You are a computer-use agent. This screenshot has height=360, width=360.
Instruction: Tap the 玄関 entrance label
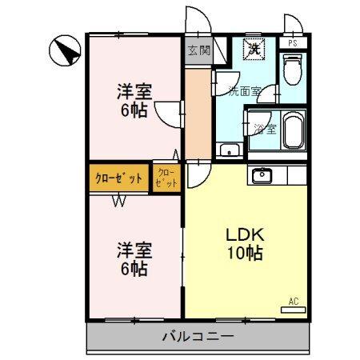198,50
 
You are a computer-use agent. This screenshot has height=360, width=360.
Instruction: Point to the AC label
294,302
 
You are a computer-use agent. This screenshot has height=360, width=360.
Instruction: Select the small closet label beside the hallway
167,178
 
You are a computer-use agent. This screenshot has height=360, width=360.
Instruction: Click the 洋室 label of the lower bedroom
133,250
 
